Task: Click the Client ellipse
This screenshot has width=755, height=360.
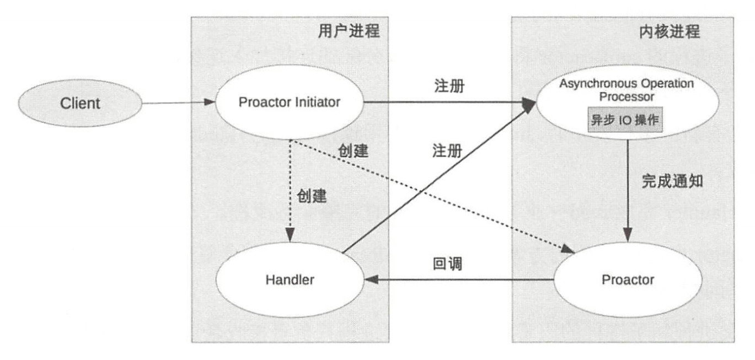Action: (x=80, y=103)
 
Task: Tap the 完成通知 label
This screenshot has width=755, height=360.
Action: (x=672, y=181)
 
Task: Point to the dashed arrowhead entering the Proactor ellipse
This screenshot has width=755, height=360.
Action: (x=569, y=251)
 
